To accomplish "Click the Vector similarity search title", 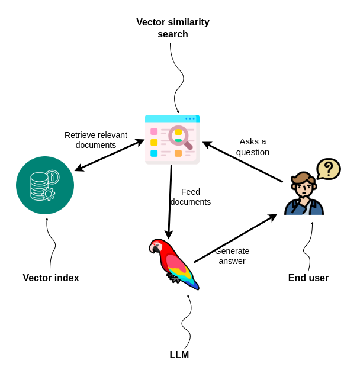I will pos(172,28).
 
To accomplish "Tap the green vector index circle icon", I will pos(45,185).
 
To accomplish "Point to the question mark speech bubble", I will pos(328,169).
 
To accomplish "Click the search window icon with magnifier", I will pos(172,140).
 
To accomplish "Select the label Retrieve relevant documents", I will pos(96,140).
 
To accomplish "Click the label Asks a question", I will pos(253,146).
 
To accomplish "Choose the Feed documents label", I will pos(191,197).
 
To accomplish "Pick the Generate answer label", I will pos(232,256).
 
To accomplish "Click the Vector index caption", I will pos(51,278).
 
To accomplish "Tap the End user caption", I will pos(308,278).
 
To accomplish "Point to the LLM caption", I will pos(179,355).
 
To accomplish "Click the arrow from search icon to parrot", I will pos(170,201).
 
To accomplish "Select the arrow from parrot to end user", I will pos(235,239).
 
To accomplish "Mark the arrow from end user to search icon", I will pos(243,162).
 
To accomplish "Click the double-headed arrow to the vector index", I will pos(110,155).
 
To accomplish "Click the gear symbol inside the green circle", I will pos(49,194).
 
